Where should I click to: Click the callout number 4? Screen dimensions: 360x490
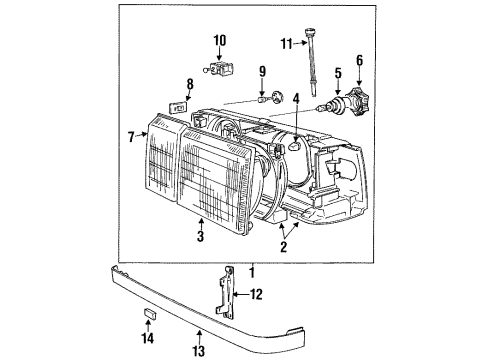point(297,97)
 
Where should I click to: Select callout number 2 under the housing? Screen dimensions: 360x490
point(284,246)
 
